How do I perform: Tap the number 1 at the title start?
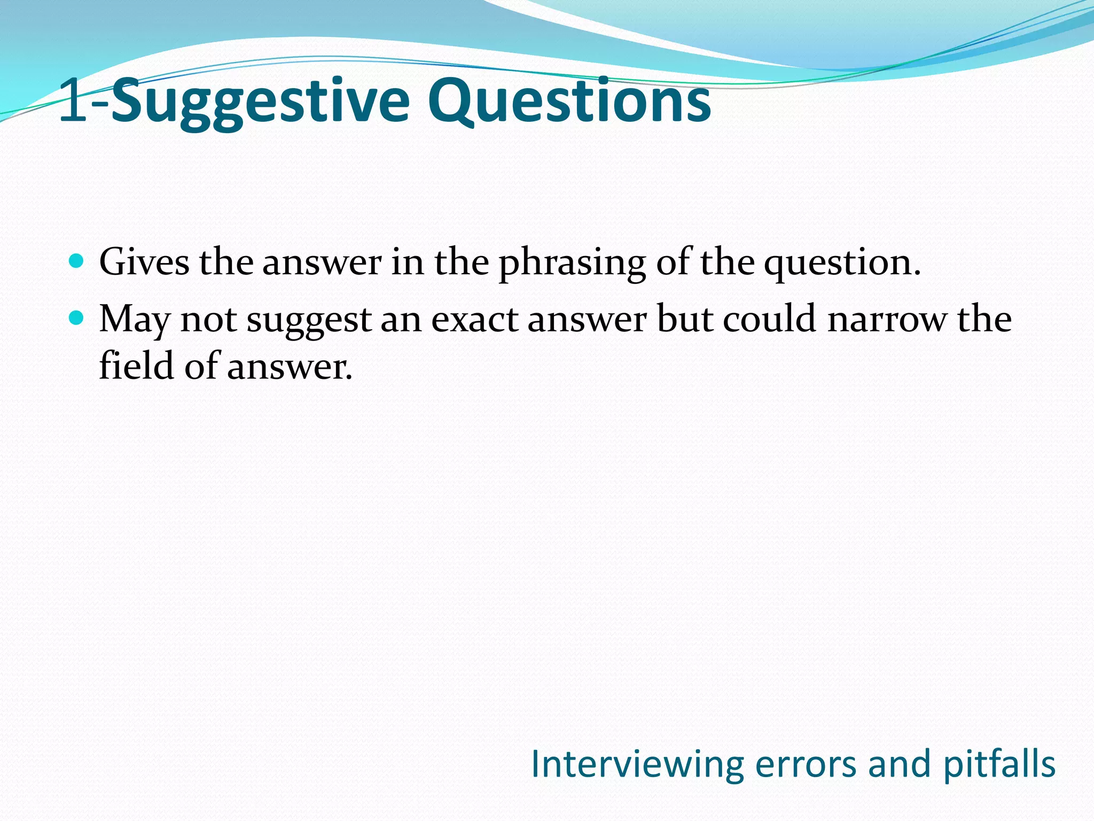coord(73,100)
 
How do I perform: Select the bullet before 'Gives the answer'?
coord(77,261)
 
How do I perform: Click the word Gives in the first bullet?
coord(144,262)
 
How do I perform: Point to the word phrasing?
coord(572,265)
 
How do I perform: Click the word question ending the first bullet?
coord(841,265)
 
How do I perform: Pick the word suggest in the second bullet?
coord(309,321)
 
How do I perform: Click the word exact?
coord(474,319)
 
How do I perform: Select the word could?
coord(769,319)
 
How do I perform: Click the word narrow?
coord(886,320)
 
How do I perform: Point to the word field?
coord(137,366)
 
